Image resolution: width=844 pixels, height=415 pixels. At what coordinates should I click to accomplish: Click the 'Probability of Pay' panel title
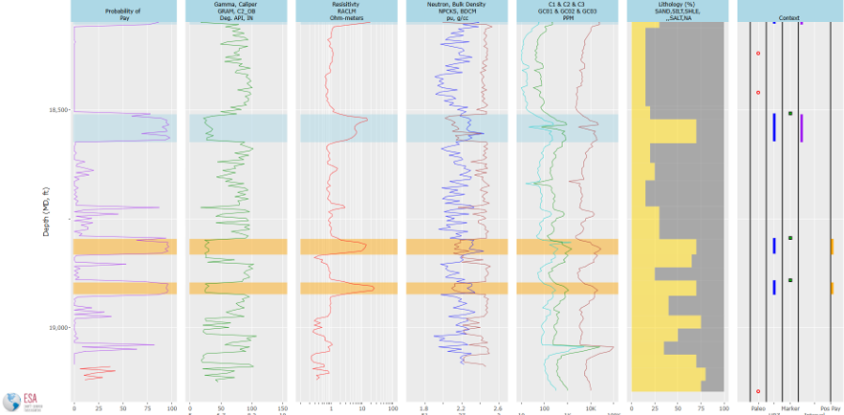tap(123, 11)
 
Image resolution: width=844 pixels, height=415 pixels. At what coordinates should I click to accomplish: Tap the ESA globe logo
tap(12, 403)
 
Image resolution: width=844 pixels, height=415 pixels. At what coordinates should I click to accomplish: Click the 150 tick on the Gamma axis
tap(282, 407)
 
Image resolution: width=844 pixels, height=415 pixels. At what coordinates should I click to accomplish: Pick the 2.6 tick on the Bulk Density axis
tap(497, 407)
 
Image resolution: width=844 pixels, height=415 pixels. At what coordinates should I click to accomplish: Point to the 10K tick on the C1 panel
tap(591, 407)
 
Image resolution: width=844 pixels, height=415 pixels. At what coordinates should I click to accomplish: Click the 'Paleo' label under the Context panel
tap(758, 407)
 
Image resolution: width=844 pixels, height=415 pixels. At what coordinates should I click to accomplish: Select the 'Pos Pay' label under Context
tap(831, 407)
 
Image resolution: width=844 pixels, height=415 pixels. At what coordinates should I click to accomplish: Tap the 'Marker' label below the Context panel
tap(790, 407)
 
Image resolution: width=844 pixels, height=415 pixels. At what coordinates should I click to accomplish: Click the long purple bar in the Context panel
tap(801, 127)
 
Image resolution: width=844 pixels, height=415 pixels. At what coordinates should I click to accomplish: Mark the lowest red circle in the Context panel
tap(758, 391)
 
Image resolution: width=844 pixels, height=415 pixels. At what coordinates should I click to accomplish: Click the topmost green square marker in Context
tap(790, 114)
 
